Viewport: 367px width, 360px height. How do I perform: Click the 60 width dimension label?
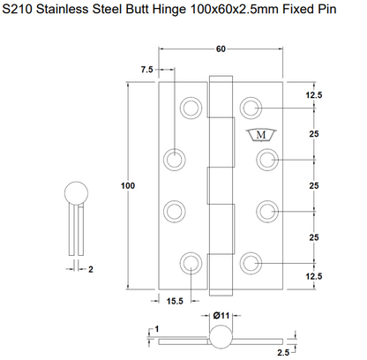[x=221, y=49]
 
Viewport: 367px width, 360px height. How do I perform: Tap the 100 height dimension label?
[x=128, y=185]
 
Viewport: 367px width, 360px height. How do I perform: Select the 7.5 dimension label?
[x=147, y=70]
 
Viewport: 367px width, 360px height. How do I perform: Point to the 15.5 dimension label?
[x=175, y=301]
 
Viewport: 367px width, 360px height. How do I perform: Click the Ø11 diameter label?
[x=221, y=316]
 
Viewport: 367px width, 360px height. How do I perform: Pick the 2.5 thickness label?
[x=283, y=352]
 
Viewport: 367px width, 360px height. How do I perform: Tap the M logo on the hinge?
[x=261, y=135]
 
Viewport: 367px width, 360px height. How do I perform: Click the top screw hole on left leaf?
[x=191, y=108]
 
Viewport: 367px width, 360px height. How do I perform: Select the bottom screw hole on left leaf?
[x=191, y=263]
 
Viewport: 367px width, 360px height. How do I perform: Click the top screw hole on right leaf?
[x=251, y=108]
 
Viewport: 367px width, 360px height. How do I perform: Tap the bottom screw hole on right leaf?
[x=251, y=263]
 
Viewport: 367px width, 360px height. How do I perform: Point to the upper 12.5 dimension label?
[x=314, y=95]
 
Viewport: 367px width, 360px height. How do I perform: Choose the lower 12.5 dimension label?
[x=314, y=276]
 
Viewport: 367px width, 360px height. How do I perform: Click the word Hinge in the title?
[x=169, y=10]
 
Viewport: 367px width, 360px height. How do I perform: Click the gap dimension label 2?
[x=91, y=269]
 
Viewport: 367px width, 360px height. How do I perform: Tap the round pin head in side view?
[x=76, y=193]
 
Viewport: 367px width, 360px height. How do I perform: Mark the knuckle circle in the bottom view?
[x=221, y=337]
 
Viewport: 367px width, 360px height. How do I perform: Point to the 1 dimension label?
[x=157, y=329]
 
